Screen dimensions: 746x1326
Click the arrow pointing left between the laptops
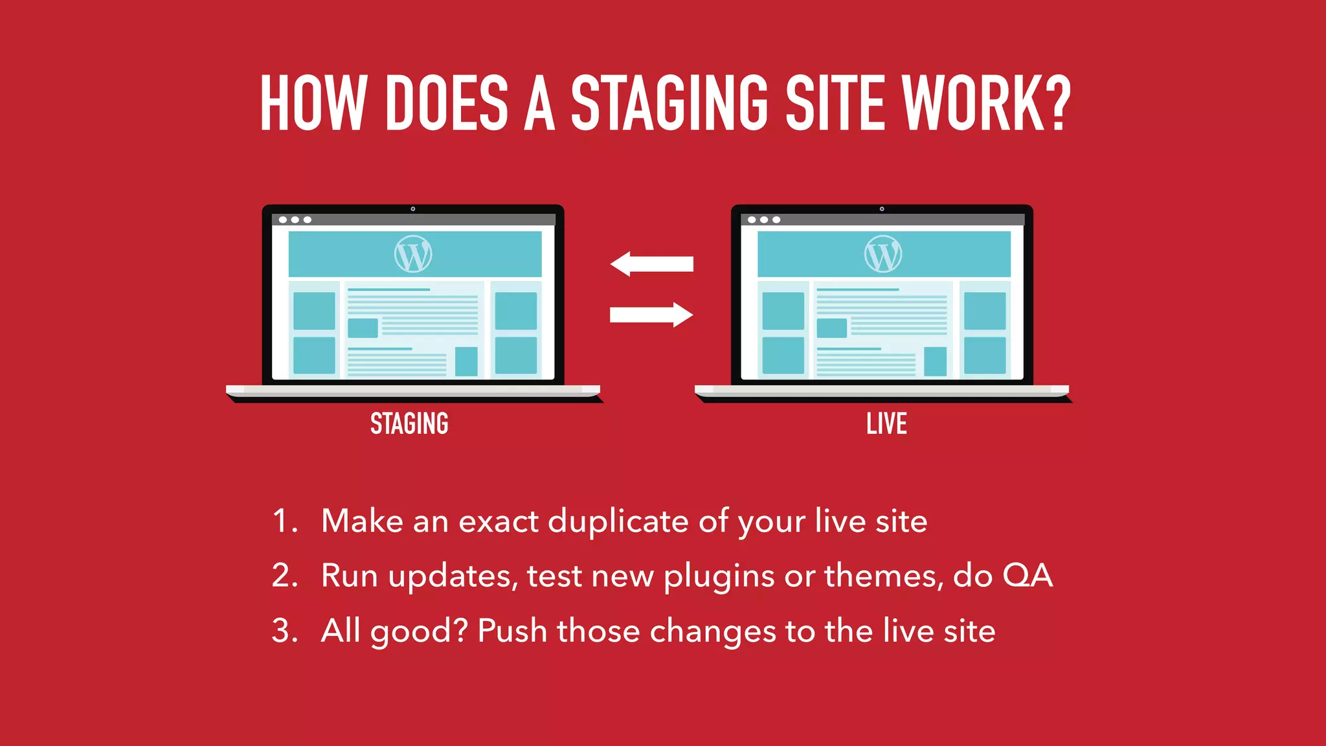[651, 264]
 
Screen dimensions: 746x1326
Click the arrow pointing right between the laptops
[652, 315]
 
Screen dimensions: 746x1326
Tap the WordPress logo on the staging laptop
[413, 254]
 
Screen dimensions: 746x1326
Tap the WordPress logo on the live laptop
[882, 254]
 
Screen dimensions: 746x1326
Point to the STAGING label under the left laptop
[409, 424]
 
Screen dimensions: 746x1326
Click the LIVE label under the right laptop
[886, 424]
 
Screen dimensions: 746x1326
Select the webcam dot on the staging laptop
[413, 209]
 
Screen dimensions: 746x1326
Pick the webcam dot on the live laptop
[882, 209]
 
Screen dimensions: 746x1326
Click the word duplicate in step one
[618, 522]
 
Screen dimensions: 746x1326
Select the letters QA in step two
[1028, 575]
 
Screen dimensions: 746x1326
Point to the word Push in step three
[512, 631]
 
